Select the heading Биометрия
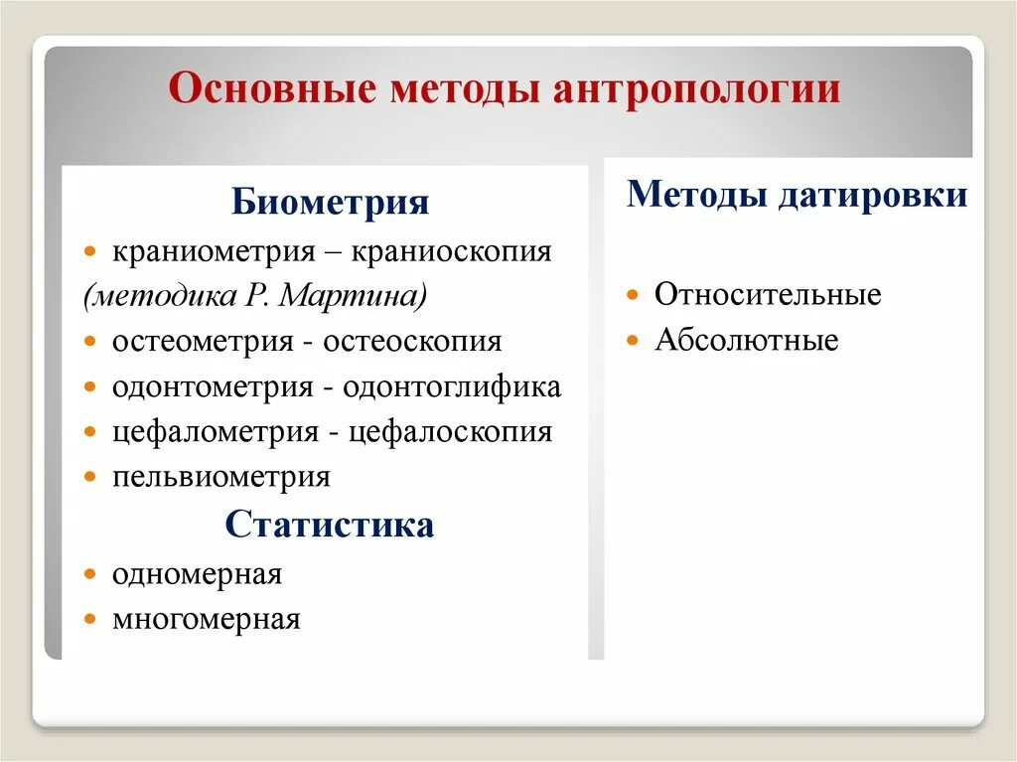331,204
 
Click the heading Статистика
330,525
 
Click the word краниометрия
213,250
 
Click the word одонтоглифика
452,386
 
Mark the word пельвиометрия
220,477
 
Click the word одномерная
197,574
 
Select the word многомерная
206,620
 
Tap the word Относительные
768,295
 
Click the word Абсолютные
747,341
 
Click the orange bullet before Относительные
633,296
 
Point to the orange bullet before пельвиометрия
90,478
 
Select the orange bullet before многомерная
90,621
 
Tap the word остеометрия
203,341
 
